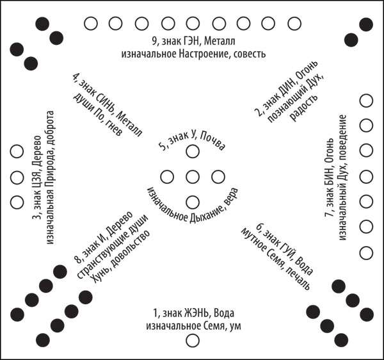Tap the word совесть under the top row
250,54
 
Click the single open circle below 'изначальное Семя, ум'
193,340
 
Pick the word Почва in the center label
212,142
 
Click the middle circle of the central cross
193,177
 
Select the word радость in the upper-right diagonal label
304,108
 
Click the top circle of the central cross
193,151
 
